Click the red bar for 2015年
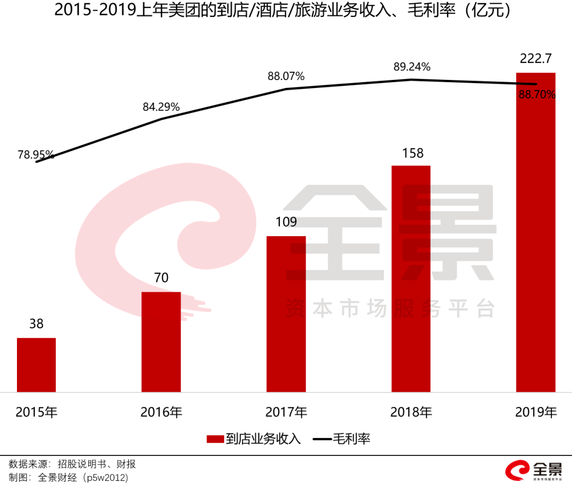click(36, 365)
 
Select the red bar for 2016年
click(161, 342)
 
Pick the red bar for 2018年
click(411, 279)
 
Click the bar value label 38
click(36, 324)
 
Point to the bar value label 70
click(161, 278)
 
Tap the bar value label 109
click(286, 222)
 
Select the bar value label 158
click(412, 153)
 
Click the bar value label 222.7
click(536, 59)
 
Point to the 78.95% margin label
click(35, 155)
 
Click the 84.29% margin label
click(161, 107)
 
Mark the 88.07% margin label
click(286, 76)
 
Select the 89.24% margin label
click(412, 67)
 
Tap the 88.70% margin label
click(538, 95)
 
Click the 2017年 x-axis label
click(286, 412)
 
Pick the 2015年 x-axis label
click(36, 412)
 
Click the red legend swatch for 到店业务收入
click(215, 439)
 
